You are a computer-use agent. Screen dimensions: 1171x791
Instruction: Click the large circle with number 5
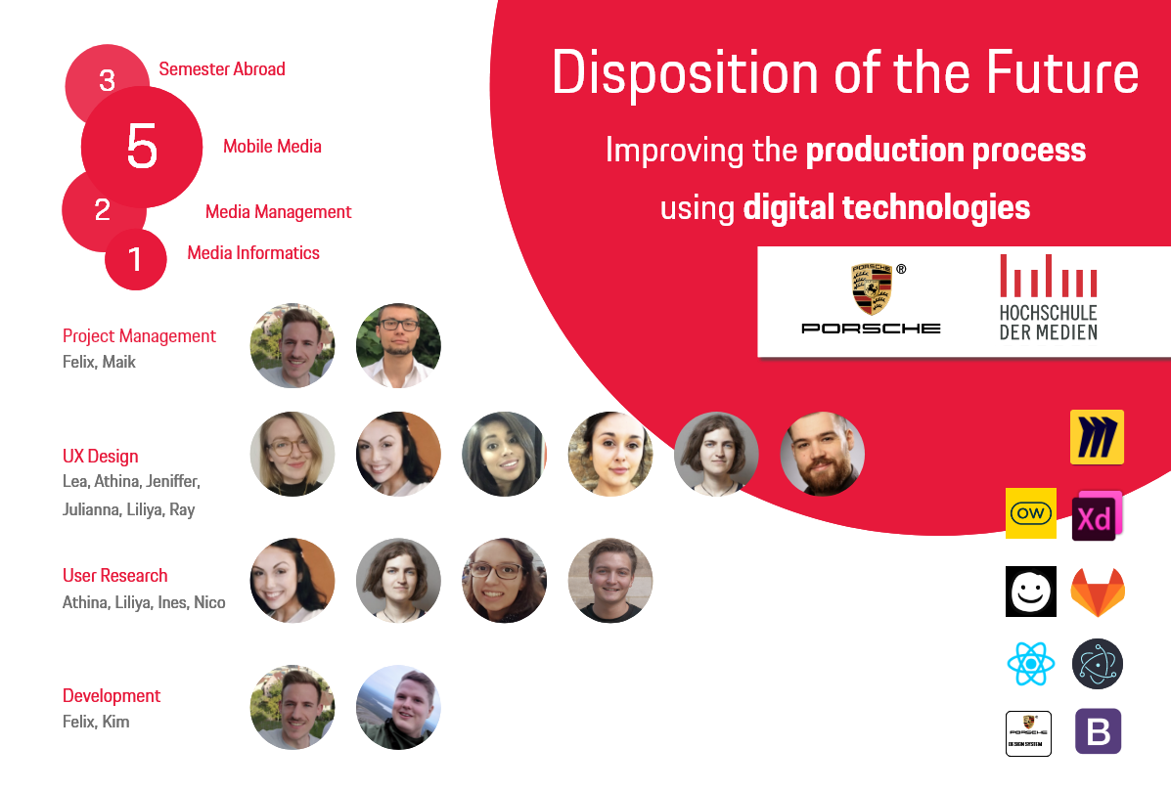coord(142,147)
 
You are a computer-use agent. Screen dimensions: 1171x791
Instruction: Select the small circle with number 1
coord(136,259)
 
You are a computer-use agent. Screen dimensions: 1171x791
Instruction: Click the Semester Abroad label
coord(222,69)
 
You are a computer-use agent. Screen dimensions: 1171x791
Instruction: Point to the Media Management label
coord(278,212)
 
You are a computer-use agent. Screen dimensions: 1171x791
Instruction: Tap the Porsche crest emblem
coord(872,288)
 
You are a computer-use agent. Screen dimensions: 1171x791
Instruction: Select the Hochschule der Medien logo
coord(1049,297)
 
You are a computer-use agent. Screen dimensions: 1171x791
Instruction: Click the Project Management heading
coord(139,335)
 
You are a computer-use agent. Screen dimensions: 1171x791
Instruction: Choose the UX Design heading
coord(100,456)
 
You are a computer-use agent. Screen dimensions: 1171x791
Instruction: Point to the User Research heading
coord(115,575)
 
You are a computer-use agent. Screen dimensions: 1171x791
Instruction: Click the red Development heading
coord(112,695)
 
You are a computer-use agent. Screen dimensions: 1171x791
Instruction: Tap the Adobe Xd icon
coord(1097,515)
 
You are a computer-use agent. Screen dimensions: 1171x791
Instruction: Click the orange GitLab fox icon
coord(1098,593)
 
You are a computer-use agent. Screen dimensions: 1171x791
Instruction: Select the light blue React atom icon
coord(1030,663)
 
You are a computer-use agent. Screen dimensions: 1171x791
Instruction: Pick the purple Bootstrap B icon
coord(1098,731)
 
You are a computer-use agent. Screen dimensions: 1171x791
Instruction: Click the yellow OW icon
coord(1030,513)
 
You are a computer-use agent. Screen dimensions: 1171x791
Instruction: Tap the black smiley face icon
coord(1030,592)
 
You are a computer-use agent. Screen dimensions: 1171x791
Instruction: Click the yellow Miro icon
coord(1097,437)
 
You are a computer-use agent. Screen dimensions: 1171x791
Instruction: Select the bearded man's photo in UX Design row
coord(822,454)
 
